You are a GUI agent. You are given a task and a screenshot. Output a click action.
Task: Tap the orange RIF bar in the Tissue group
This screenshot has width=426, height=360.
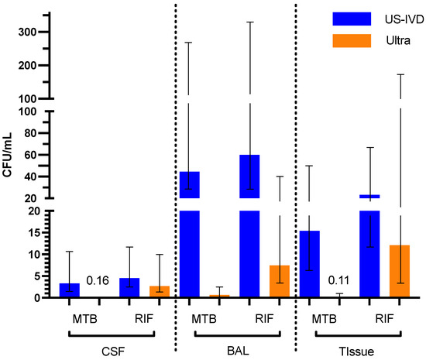[x=400, y=271]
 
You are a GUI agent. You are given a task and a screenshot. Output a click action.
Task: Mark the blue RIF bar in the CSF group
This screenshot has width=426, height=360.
[x=129, y=288]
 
